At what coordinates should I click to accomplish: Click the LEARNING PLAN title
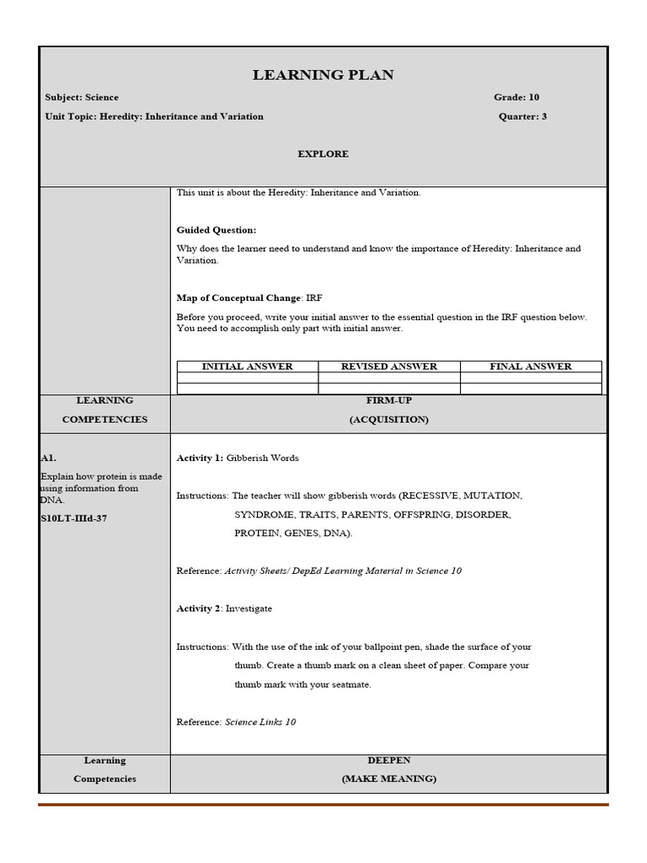point(323,76)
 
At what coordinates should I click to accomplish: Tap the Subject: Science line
point(82,98)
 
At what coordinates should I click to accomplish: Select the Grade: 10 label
point(516,98)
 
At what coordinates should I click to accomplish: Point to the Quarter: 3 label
point(522,116)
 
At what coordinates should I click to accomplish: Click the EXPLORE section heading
point(323,154)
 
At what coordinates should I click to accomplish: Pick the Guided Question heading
point(217,230)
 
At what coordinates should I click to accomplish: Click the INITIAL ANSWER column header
point(247,367)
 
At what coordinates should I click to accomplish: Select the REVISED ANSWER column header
point(388,367)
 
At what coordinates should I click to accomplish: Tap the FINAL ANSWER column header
point(530,367)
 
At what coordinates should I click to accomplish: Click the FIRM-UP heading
point(388,400)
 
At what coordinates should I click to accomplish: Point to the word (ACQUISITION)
point(388,420)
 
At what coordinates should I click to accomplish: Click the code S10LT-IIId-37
point(73,518)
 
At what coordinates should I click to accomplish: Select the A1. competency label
point(48,458)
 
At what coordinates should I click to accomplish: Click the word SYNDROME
point(264,514)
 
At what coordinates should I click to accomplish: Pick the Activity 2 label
point(199,608)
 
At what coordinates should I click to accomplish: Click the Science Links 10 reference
point(260,722)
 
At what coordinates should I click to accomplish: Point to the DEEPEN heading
point(388,760)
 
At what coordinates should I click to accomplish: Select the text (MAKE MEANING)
point(388,780)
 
